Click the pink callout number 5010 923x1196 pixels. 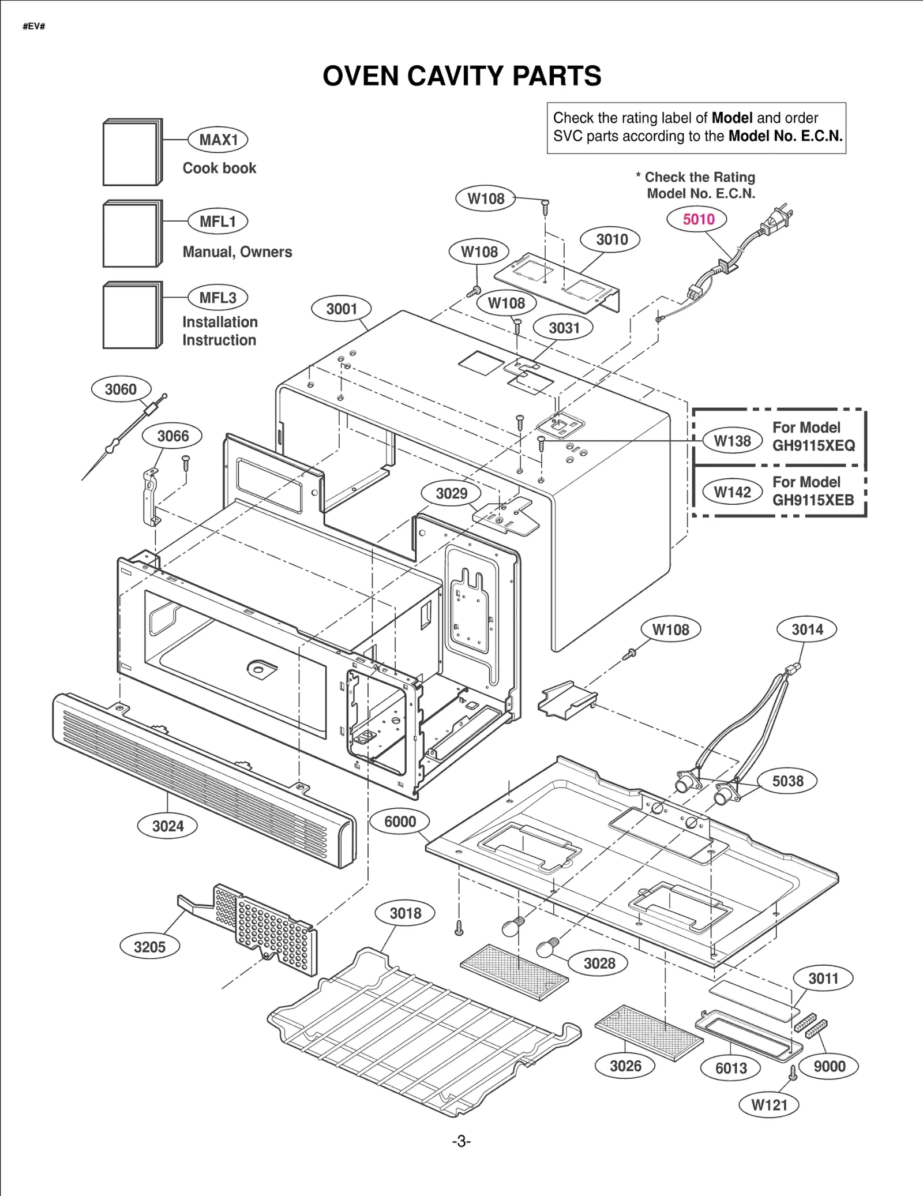pyautogui.click(x=699, y=219)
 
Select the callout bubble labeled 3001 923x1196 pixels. pyautogui.click(x=342, y=309)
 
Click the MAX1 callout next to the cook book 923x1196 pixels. pyautogui.click(x=218, y=140)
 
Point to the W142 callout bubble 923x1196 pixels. pyautogui.click(x=732, y=492)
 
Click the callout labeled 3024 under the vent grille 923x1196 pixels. pyautogui.click(x=167, y=826)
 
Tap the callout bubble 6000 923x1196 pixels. pyautogui.click(x=400, y=822)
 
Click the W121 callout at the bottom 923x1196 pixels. pyautogui.click(x=769, y=1105)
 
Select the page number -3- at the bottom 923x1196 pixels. pyautogui.click(x=461, y=1141)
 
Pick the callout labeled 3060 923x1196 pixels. pyautogui.click(x=121, y=389)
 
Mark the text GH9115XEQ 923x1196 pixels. pyautogui.click(x=813, y=445)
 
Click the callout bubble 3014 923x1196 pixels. pyautogui.click(x=806, y=629)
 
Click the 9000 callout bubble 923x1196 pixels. pyautogui.click(x=829, y=1066)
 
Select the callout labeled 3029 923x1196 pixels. pyautogui.click(x=451, y=493)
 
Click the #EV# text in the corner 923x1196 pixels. pyautogui.click(x=34, y=27)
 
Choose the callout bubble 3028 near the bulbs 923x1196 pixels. pyautogui.click(x=599, y=963)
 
